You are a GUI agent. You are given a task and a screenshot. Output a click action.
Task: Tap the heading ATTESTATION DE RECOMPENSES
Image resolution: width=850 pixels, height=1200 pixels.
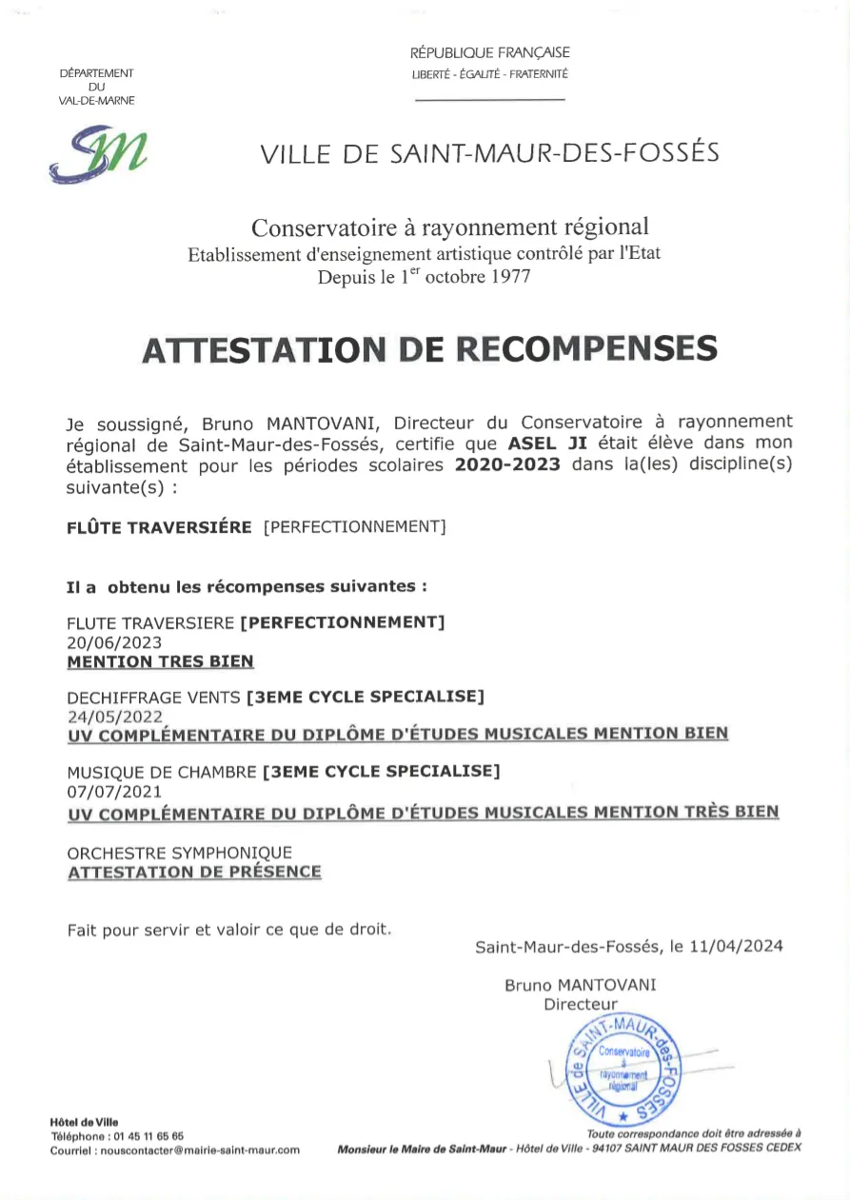[428, 349]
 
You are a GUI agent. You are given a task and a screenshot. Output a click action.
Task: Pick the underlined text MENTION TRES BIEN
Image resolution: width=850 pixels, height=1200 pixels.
[160, 661]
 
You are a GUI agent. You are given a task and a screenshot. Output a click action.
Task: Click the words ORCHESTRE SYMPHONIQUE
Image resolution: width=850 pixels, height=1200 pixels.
[180, 853]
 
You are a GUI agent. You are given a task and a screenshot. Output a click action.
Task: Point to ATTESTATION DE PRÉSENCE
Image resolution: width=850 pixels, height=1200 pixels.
[194, 872]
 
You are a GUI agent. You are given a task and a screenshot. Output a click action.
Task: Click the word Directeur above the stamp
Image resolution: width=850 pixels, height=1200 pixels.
[581, 1004]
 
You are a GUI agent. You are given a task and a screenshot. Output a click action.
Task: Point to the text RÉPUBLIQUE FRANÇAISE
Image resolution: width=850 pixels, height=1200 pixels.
[490, 53]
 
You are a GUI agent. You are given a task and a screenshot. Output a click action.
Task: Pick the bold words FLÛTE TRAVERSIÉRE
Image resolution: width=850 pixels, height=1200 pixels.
[159, 527]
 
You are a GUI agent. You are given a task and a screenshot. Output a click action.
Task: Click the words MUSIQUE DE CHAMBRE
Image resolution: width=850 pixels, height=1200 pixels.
[162, 772]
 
